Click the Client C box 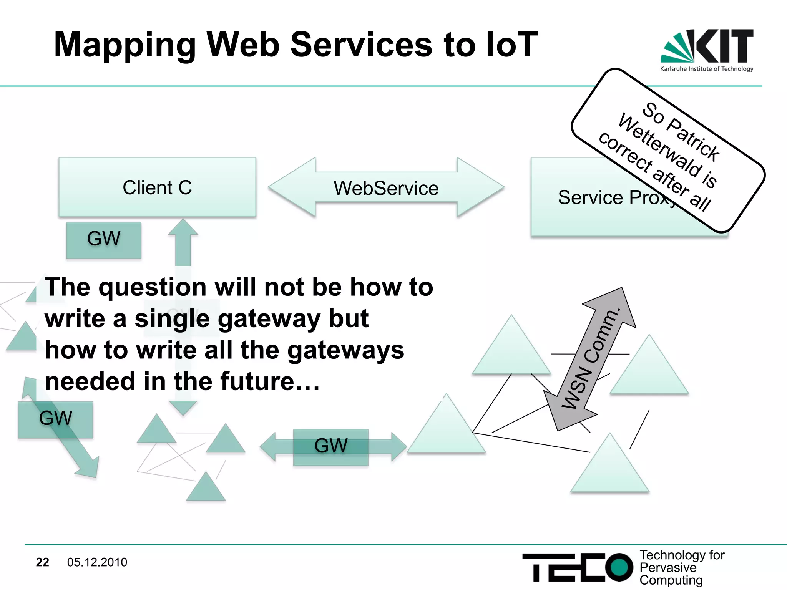click(x=157, y=187)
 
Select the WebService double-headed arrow click(x=386, y=188)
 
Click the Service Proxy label click(x=615, y=197)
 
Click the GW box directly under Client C click(x=103, y=240)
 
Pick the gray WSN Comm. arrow click(x=590, y=359)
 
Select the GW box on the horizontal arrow click(x=330, y=447)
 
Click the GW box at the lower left click(x=55, y=419)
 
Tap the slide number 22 click(x=42, y=562)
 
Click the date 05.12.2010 click(x=97, y=562)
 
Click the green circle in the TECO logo click(x=619, y=567)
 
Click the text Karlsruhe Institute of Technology click(x=707, y=69)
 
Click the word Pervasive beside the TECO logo click(x=668, y=568)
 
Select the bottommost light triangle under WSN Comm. click(x=610, y=469)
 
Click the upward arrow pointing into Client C click(x=183, y=242)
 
